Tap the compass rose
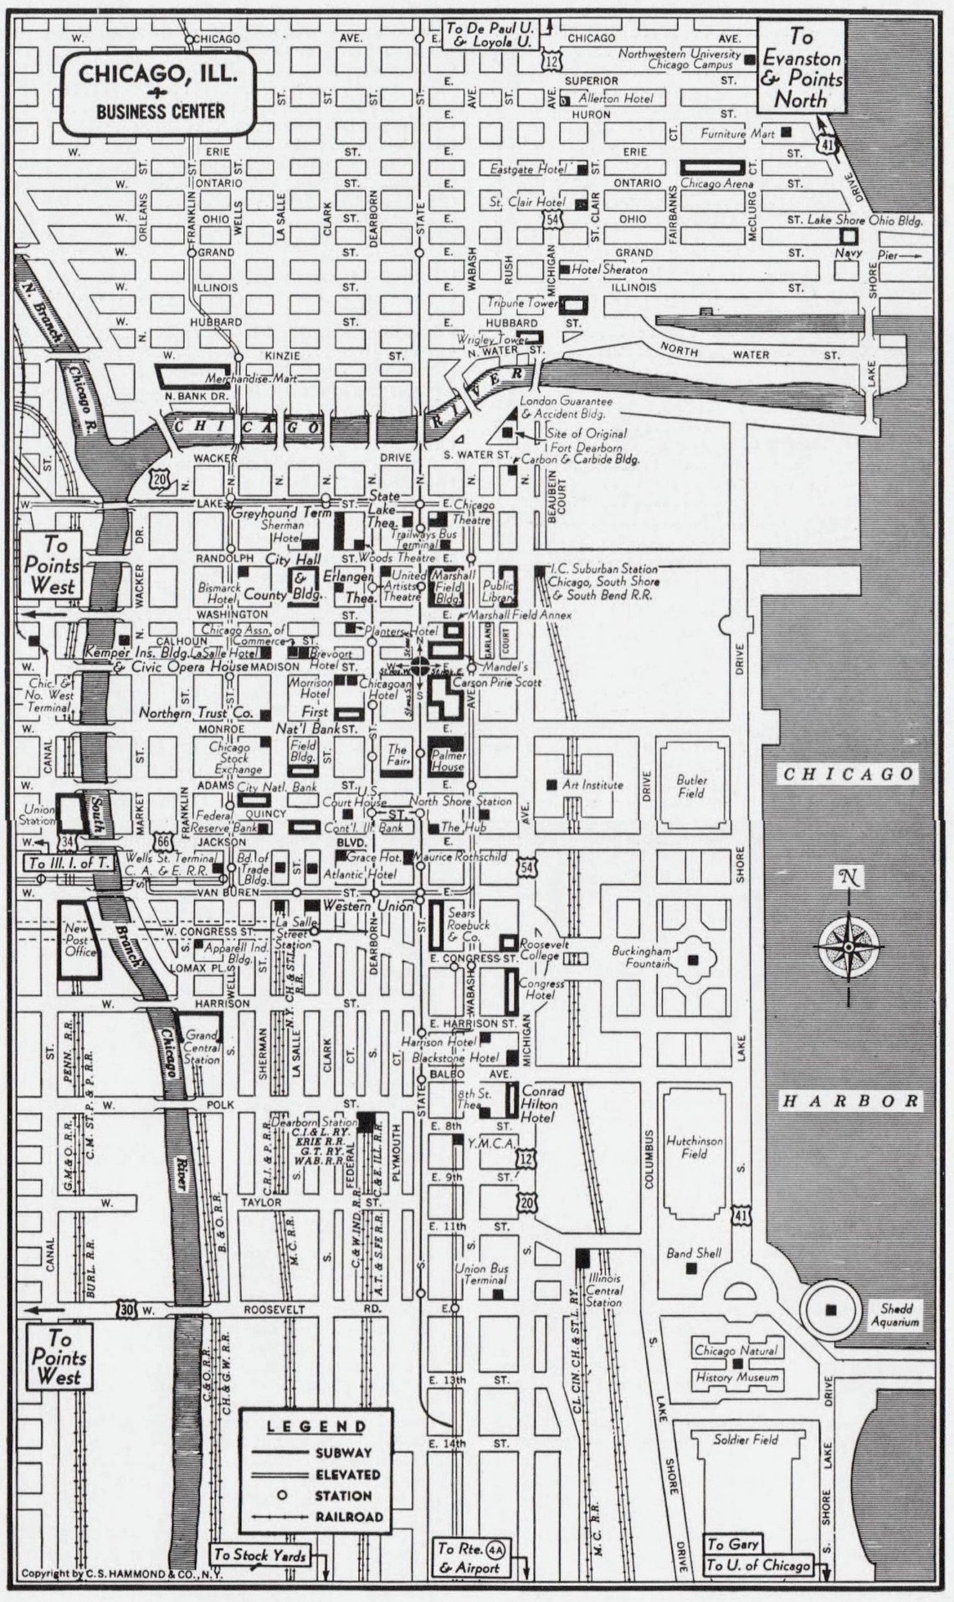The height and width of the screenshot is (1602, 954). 849,946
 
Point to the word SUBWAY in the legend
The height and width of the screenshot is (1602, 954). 343,1453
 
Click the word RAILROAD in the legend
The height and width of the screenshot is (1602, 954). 349,1517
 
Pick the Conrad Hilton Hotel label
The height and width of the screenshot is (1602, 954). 542,1104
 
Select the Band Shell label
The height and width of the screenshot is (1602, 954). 693,1253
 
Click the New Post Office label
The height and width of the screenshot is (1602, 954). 81,940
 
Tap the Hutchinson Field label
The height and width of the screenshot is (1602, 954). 695,1147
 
